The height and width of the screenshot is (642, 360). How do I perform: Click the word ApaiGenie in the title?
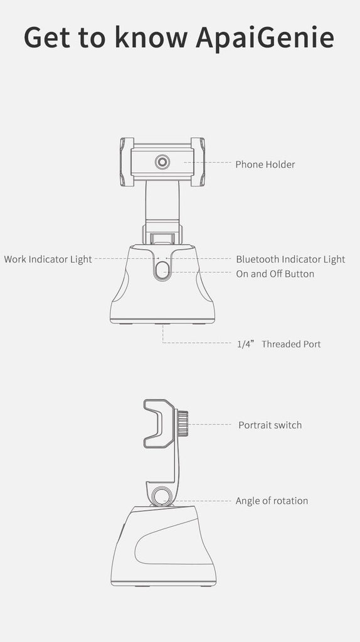(265, 38)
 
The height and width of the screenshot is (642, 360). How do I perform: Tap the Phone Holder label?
(265, 164)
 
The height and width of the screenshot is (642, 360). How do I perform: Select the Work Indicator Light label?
(48, 259)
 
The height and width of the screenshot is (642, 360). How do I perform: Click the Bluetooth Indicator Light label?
(290, 259)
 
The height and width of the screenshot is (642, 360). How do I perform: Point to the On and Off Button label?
(275, 274)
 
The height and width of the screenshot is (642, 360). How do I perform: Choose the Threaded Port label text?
(291, 344)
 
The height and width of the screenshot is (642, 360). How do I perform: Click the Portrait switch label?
(270, 425)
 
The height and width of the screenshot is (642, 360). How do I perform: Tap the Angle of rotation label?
(272, 501)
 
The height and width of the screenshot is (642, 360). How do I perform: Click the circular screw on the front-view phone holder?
(162, 162)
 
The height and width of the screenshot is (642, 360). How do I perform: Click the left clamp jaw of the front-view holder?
(127, 162)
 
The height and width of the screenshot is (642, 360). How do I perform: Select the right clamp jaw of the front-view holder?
(198, 162)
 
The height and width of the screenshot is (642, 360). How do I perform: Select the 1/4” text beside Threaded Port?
(246, 344)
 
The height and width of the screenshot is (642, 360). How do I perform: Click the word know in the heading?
(151, 37)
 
